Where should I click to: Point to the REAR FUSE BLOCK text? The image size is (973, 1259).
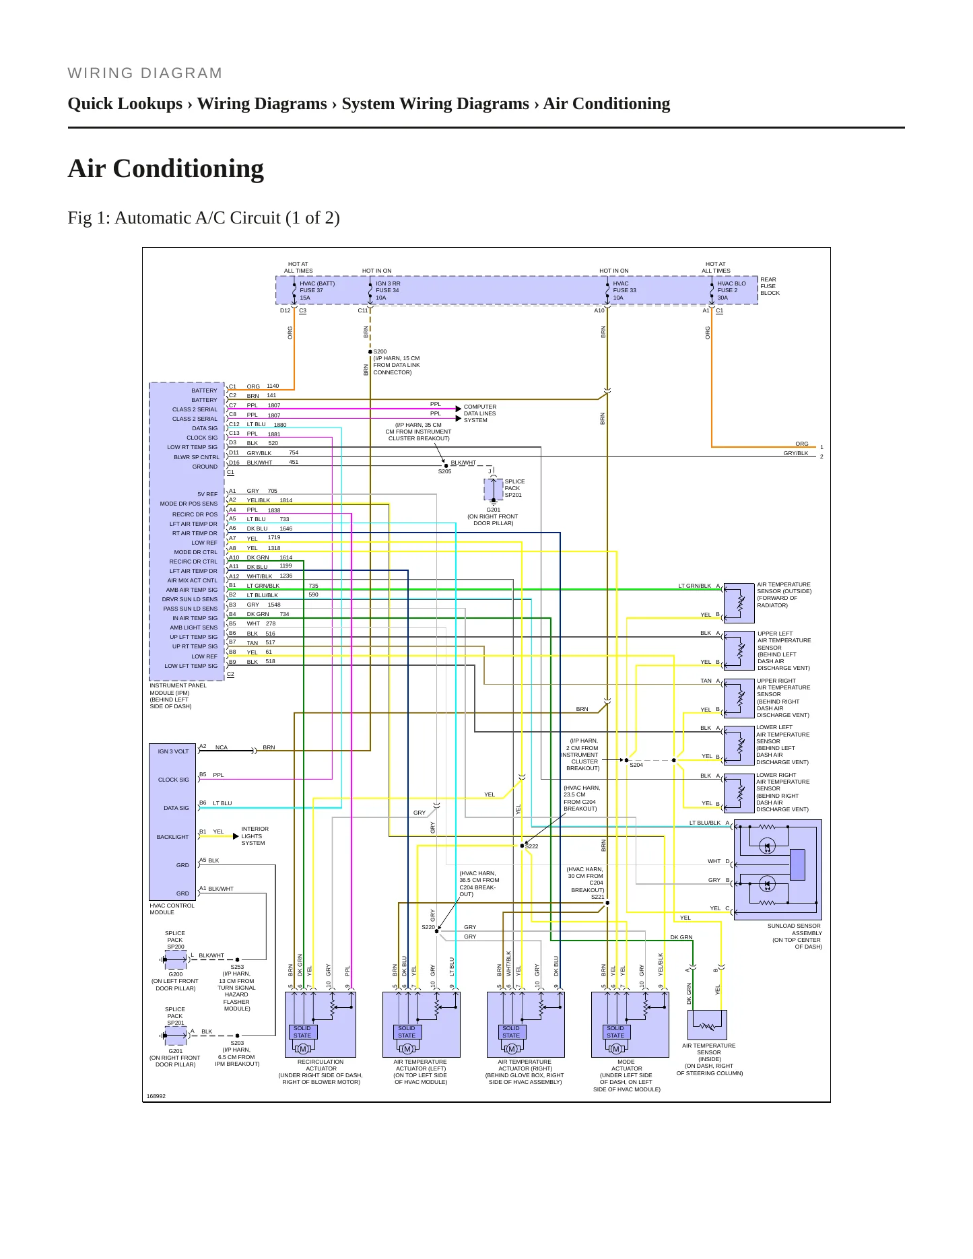(x=770, y=286)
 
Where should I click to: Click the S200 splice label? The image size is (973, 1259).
(x=380, y=351)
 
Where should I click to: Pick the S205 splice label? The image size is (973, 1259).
(x=444, y=471)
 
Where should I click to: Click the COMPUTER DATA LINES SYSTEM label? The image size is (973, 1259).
(x=480, y=413)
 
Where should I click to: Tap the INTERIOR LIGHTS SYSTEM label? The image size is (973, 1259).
(x=255, y=836)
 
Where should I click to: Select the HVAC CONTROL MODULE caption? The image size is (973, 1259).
(x=172, y=909)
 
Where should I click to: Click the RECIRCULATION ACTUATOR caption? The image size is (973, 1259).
(x=321, y=1065)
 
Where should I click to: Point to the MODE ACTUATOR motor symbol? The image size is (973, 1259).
(x=615, y=1049)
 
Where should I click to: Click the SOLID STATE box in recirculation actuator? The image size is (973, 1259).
(x=302, y=1031)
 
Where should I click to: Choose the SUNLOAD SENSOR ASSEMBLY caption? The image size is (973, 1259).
(x=795, y=929)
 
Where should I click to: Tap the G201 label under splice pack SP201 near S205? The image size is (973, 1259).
(x=493, y=510)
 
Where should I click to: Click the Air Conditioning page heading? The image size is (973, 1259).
(x=166, y=168)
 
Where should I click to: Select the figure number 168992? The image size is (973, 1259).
(x=156, y=1096)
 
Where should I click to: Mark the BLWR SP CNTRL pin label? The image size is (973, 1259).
(x=197, y=457)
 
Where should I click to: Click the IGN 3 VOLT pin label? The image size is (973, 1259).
(x=174, y=751)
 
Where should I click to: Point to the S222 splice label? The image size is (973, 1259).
(x=532, y=846)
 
